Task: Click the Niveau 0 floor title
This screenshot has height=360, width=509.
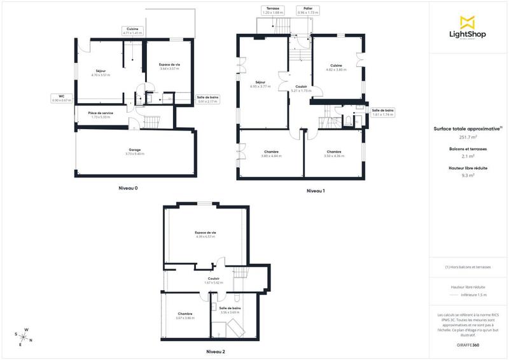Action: pos(128,188)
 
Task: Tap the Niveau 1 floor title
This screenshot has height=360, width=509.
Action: pos(316,191)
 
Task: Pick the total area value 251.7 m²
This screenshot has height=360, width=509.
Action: pos(468,137)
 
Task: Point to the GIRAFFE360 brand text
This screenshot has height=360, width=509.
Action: pos(468,343)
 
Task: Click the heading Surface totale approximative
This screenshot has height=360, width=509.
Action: pos(468,128)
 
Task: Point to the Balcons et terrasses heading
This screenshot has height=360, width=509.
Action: pos(468,149)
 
